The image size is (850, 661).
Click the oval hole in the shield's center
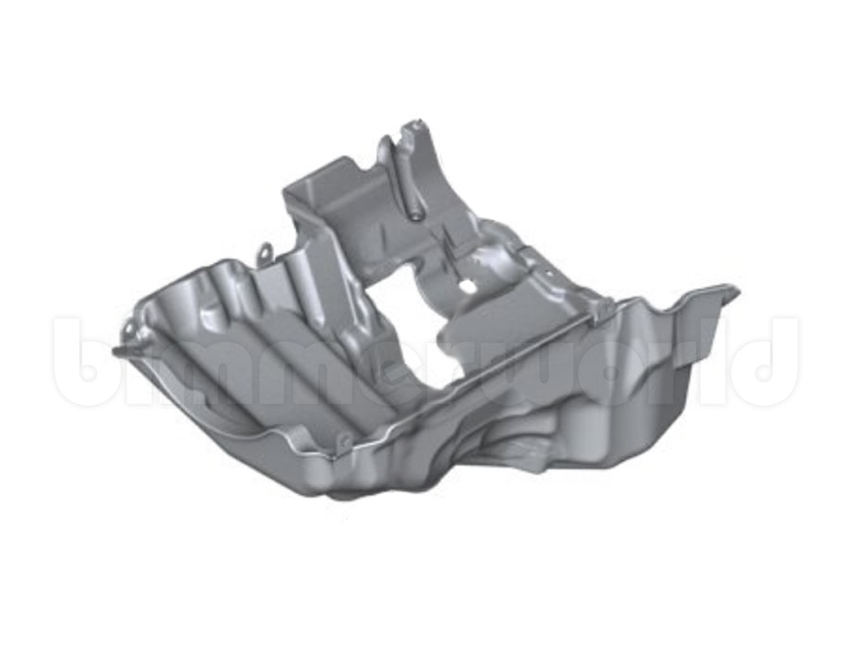[x=467, y=284]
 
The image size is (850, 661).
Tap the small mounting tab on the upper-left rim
[x=264, y=252]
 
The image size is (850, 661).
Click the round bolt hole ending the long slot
[x=416, y=215]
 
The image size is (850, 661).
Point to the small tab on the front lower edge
[x=343, y=443]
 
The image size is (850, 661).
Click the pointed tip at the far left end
[x=114, y=352]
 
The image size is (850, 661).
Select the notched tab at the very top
[x=415, y=130]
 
